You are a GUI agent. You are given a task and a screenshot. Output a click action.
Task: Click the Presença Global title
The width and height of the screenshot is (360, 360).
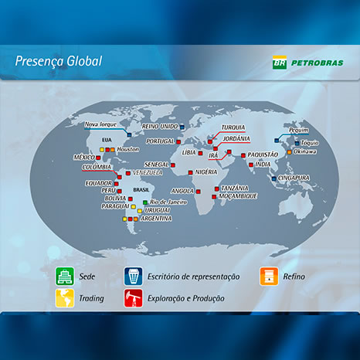tap(59, 61)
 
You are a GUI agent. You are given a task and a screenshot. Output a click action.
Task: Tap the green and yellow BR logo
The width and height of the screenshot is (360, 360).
tap(280, 63)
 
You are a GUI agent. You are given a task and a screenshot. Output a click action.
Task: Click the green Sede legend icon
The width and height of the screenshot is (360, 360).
tap(65, 277)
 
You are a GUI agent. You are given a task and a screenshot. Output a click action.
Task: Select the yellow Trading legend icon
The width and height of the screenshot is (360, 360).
tap(65, 298)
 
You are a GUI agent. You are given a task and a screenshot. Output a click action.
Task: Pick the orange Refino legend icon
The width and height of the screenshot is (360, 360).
tap(269, 277)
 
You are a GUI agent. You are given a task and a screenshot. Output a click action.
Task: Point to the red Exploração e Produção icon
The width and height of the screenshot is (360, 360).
tap(133, 298)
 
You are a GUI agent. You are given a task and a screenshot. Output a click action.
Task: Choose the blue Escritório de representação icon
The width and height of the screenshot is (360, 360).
tap(133, 277)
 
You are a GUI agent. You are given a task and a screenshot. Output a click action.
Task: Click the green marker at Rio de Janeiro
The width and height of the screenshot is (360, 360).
tap(145, 202)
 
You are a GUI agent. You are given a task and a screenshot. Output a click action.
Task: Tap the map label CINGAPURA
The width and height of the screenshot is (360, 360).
tap(294, 178)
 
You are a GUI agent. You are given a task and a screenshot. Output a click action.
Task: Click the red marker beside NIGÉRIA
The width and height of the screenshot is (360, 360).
tap(190, 172)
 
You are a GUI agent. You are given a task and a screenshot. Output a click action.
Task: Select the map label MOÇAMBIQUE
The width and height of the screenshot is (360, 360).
tap(238, 196)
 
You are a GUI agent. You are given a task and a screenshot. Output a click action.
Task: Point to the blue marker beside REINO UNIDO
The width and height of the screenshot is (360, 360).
tap(182, 127)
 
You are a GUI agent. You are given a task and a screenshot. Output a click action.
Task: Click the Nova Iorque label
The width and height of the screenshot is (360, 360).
tap(100, 124)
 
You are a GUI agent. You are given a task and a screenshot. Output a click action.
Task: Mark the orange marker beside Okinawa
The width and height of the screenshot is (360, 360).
tap(290, 152)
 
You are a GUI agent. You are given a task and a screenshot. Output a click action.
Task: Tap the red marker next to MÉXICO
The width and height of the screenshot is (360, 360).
tap(98, 158)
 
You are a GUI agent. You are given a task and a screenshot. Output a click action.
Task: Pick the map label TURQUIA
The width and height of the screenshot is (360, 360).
tap(233, 127)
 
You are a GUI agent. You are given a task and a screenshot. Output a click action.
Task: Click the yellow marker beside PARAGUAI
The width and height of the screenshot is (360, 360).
tap(133, 206)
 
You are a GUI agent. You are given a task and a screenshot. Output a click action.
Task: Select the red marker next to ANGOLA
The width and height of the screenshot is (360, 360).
tap(198, 192)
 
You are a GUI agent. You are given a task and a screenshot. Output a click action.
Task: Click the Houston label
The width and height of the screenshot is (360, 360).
tap(128, 149)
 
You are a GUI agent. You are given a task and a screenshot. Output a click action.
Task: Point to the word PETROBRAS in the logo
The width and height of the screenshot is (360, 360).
tap(318, 63)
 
